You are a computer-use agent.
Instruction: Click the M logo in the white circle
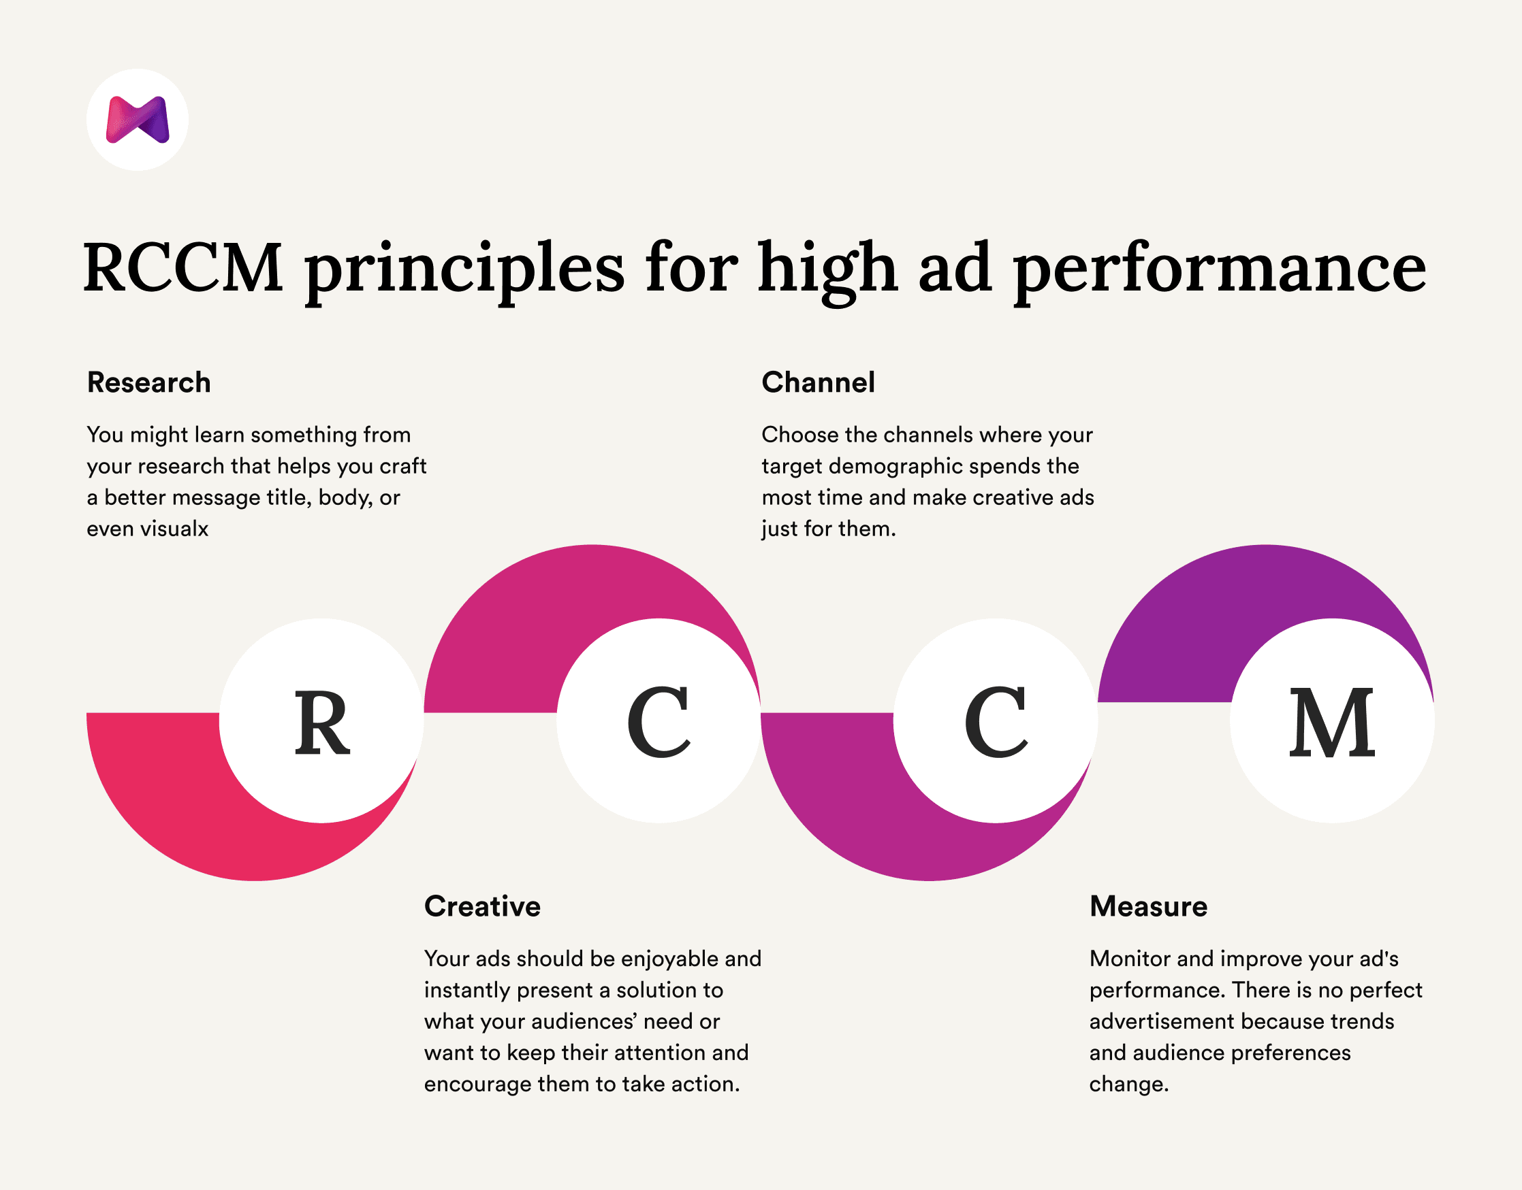(x=138, y=120)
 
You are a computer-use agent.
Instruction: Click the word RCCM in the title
(x=183, y=267)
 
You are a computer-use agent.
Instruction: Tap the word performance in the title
(x=1220, y=270)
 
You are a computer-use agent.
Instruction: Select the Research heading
(x=148, y=382)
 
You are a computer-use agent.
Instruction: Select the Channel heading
(x=818, y=382)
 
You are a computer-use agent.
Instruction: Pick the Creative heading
(x=481, y=906)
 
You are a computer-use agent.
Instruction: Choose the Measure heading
(x=1147, y=906)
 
